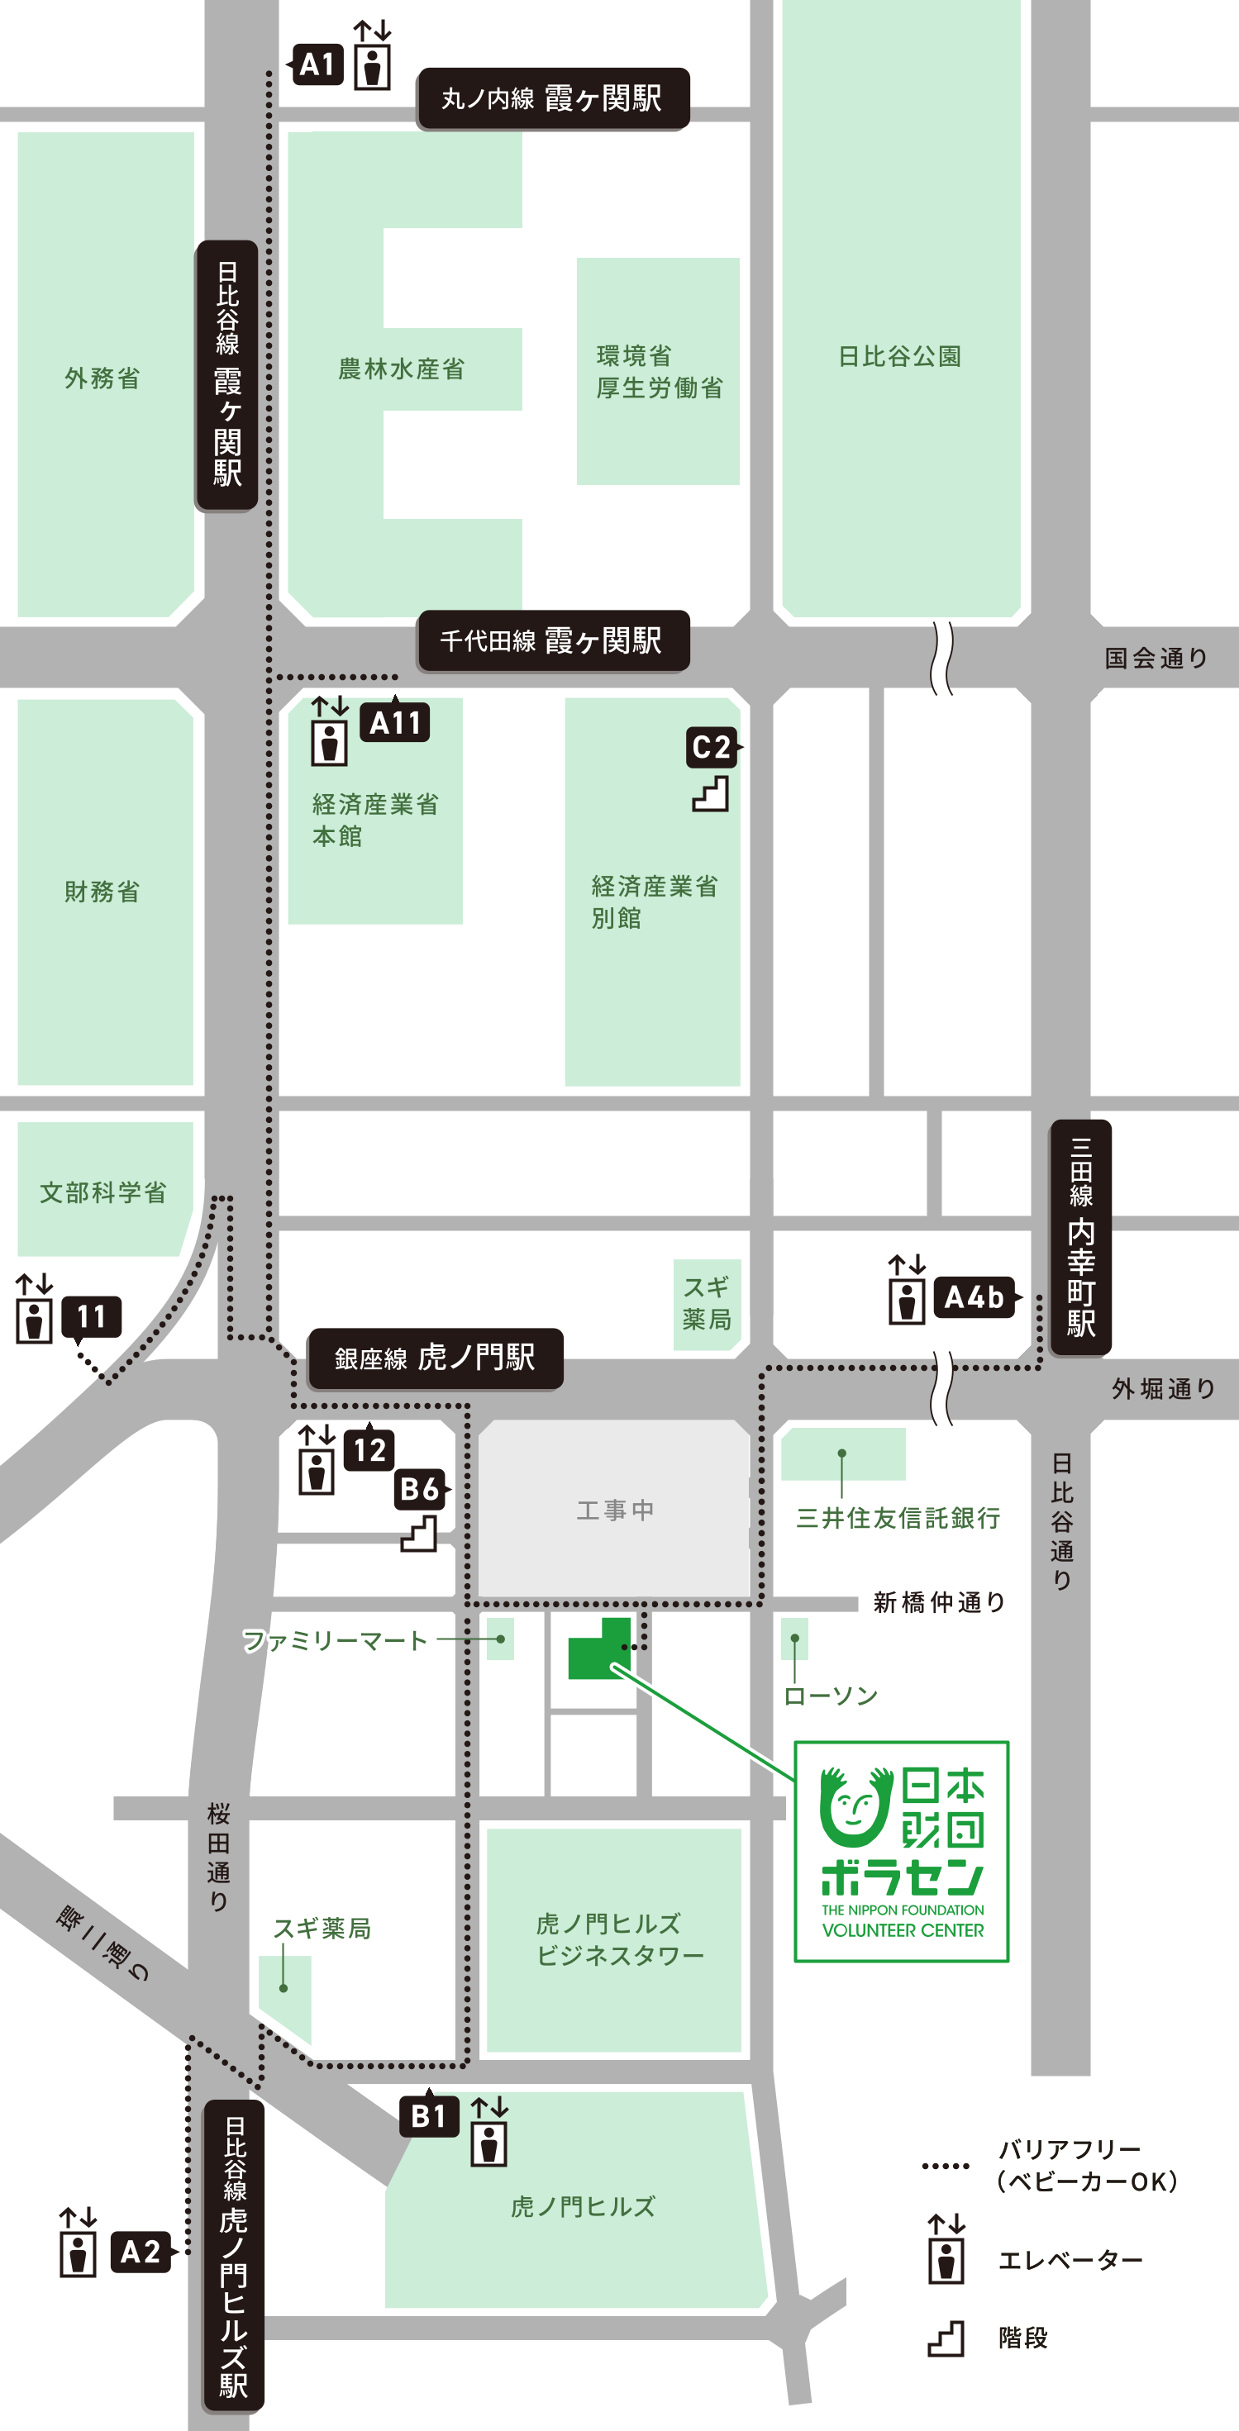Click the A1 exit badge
317,65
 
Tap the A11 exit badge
395,723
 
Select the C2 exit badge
712,748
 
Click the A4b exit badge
975,1297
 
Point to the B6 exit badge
420,1489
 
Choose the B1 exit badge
429,2117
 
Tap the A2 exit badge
141,2253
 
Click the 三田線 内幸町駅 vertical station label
1080,1237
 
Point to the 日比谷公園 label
899,357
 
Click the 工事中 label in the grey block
614,1510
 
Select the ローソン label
831,1696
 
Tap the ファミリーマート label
335,1640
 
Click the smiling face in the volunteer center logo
855,1807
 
